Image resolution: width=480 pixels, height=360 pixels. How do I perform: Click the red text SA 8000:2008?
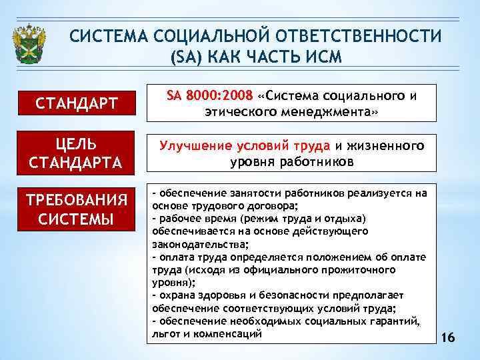pyautogui.click(x=205, y=95)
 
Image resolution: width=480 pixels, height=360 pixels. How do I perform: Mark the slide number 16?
pyautogui.click(x=448, y=338)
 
